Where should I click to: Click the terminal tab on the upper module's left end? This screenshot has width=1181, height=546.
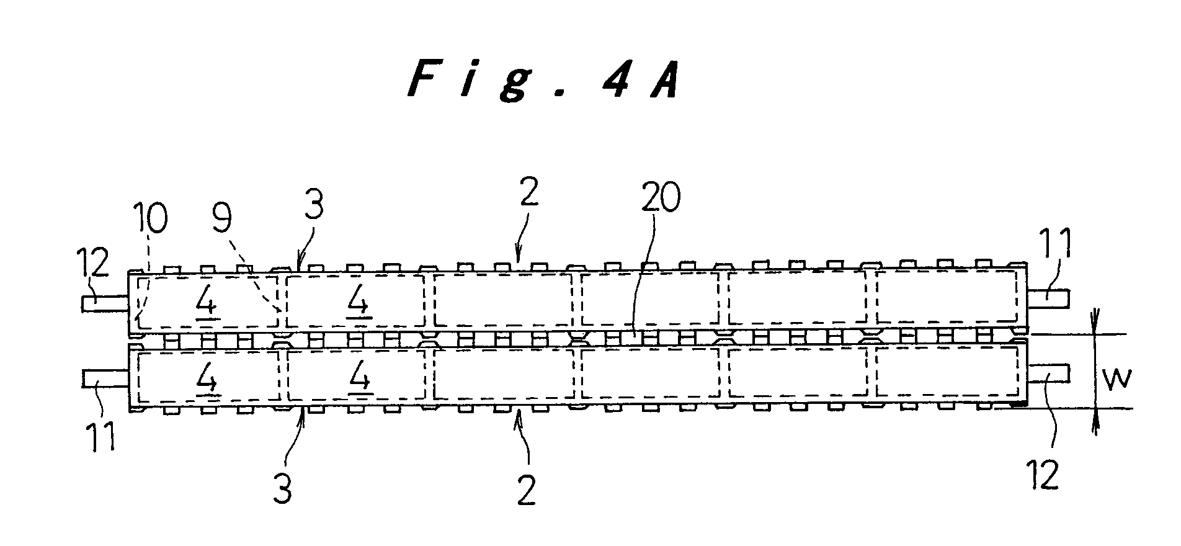[x=105, y=303]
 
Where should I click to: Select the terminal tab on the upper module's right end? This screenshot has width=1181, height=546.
[x=1048, y=298]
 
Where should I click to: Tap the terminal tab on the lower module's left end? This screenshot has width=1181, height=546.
[x=105, y=378]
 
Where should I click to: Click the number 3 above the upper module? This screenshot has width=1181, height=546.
[x=314, y=206]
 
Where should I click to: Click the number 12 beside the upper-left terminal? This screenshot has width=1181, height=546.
[x=93, y=263]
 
